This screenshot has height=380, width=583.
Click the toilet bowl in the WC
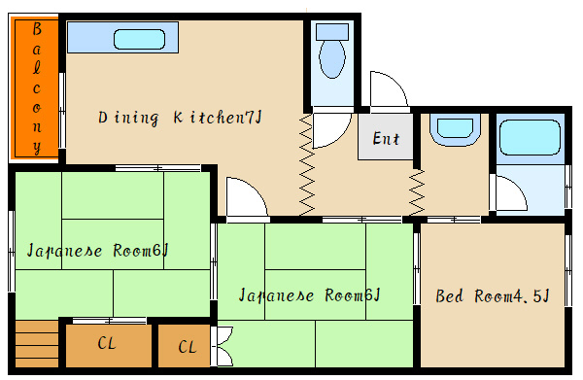[x=332, y=59]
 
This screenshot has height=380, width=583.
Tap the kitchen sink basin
[x=139, y=40]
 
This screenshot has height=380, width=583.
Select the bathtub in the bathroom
[x=530, y=138]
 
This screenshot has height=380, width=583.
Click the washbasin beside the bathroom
[x=455, y=131]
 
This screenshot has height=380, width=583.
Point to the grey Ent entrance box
[x=386, y=137]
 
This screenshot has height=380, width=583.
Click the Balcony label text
[x=37, y=88]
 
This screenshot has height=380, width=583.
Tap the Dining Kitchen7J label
[x=180, y=118]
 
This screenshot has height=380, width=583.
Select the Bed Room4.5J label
[x=493, y=296]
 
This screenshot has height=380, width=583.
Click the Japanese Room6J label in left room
[x=98, y=251]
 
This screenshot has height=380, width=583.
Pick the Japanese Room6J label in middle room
[x=309, y=295]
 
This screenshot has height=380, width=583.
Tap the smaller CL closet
[x=184, y=346]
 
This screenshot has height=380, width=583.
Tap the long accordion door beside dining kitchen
[x=307, y=164]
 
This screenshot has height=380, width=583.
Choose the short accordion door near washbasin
[x=417, y=191]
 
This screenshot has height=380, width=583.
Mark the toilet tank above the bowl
[x=332, y=32]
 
